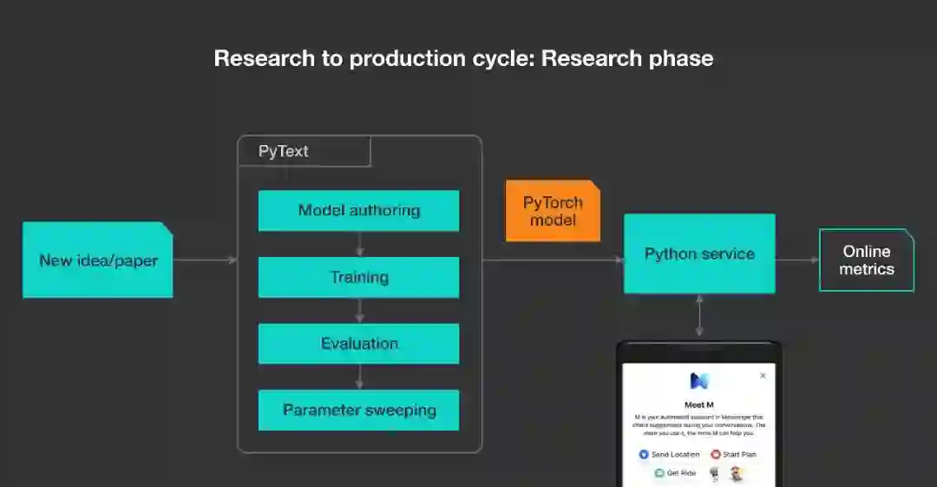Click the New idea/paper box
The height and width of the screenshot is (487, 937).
(x=97, y=260)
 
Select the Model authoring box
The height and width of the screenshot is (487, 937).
(x=358, y=210)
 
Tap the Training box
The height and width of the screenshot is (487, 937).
(x=358, y=277)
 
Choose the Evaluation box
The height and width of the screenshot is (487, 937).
(x=358, y=343)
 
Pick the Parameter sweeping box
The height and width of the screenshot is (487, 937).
(x=358, y=410)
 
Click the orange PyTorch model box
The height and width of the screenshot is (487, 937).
(x=553, y=211)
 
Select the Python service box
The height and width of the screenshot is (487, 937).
(x=699, y=253)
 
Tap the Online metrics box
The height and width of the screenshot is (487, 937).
(x=866, y=260)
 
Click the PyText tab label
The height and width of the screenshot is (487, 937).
(x=284, y=151)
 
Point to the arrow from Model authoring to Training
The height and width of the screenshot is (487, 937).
(x=359, y=244)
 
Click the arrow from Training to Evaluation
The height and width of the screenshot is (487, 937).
(x=359, y=311)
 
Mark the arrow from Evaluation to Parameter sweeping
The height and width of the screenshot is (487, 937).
(x=359, y=377)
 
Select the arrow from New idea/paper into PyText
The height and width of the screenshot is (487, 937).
(x=205, y=260)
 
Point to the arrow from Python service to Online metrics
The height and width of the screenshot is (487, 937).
(x=797, y=260)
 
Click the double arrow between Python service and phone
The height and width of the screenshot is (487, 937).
(x=699, y=315)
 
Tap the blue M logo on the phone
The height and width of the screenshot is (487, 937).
(x=699, y=380)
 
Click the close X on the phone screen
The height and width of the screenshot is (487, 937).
(x=763, y=376)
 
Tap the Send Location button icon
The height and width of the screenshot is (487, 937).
(x=644, y=454)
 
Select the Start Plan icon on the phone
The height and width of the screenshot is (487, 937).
(x=716, y=454)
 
